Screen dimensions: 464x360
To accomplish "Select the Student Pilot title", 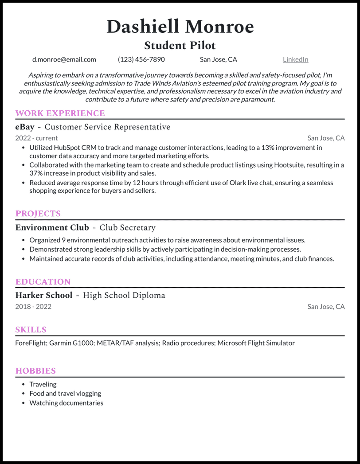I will (180, 45).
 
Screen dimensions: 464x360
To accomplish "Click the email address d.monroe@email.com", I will (64, 59).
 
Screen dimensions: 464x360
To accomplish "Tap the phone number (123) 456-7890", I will (141, 59).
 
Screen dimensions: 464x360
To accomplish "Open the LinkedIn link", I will (295, 59).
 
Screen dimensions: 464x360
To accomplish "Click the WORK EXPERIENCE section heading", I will (60, 113).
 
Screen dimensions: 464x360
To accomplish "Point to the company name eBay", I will (25, 127).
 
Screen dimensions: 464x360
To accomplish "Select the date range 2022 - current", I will (36, 138).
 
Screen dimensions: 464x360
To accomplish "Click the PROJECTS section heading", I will (38, 214).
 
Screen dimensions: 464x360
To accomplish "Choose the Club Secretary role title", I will (127, 228).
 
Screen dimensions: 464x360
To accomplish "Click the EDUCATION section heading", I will (43, 282).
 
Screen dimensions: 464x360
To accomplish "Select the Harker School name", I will (44, 295).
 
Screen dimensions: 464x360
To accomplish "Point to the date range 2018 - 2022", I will (33, 307).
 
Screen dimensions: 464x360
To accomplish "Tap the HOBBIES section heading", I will (35, 371).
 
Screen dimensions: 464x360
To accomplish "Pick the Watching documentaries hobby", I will (66, 403).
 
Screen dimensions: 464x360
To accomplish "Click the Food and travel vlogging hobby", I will (65, 394).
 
